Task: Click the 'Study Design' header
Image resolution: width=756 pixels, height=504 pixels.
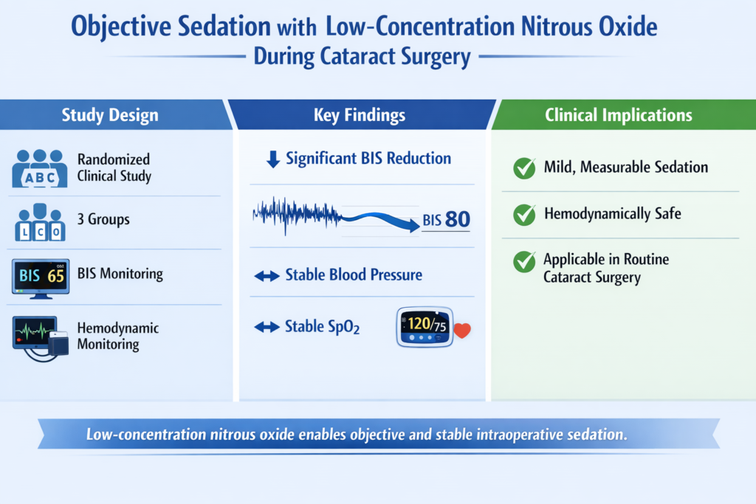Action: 110,115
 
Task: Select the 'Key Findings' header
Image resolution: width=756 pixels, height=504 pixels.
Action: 360,115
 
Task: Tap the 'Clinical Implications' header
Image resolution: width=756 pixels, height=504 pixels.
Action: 619,115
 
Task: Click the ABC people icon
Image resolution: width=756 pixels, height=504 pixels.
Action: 40,168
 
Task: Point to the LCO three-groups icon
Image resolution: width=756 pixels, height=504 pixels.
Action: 40,222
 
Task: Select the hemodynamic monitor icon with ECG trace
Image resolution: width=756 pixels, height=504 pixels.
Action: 41,338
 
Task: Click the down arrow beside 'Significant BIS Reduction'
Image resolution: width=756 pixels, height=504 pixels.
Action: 273,159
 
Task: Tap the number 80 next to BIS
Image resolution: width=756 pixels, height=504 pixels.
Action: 458,219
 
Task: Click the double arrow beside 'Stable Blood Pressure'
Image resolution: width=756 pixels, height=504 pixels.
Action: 267,276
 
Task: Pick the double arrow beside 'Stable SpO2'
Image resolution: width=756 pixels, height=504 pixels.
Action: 267,327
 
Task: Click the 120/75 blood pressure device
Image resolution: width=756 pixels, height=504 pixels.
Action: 425,327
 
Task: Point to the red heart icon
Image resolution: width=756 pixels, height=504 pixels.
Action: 462,330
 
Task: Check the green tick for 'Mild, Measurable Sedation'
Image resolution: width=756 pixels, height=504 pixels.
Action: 524,168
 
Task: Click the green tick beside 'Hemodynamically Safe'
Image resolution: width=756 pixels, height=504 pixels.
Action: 524,215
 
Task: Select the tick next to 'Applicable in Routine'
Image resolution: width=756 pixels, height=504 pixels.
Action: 524,261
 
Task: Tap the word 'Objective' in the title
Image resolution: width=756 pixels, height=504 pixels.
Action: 123,27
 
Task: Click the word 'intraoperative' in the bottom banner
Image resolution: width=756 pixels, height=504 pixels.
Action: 519,435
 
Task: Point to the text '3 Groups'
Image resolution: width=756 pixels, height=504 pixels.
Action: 103,219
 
